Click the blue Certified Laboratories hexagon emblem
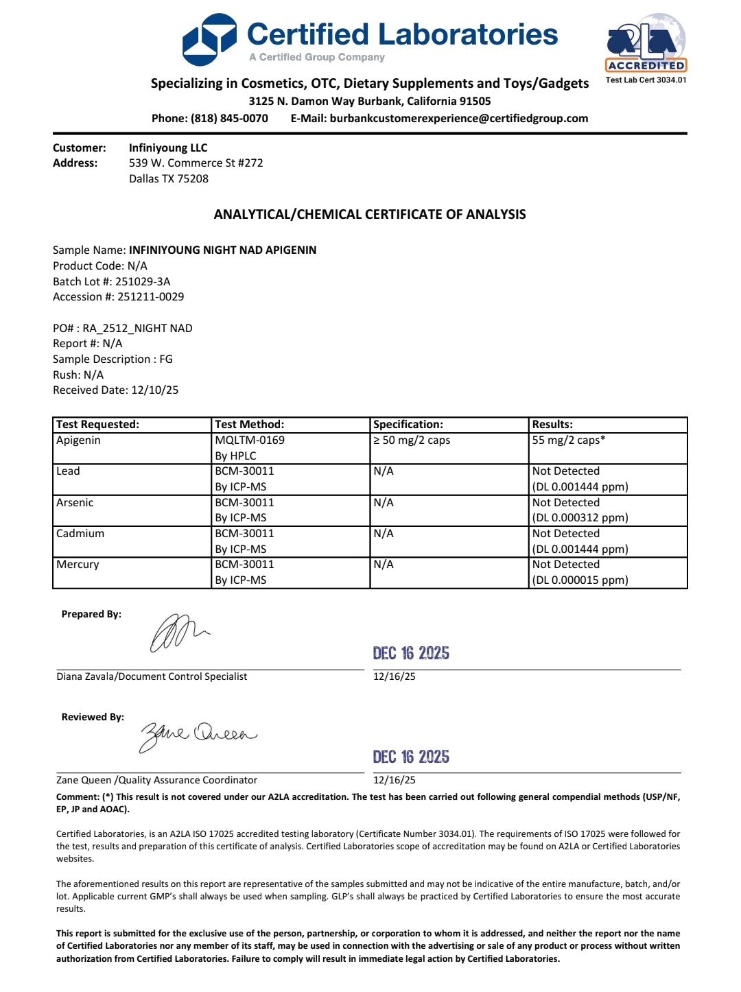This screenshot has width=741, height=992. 209,40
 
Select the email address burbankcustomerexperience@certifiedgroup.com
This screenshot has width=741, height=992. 458,118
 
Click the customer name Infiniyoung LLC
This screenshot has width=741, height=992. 168,147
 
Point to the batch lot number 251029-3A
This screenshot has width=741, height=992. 143,281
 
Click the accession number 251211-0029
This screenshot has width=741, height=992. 150,296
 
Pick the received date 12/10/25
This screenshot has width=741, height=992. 154,390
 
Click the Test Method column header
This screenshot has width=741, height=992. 249,425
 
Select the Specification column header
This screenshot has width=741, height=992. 408,425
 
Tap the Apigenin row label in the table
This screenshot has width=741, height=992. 78,440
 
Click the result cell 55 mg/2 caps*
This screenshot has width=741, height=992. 569,440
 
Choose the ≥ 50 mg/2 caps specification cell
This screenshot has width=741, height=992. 412,440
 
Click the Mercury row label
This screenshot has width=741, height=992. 78,565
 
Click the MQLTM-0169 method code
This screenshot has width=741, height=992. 250,440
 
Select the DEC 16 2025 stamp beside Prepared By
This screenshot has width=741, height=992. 411,653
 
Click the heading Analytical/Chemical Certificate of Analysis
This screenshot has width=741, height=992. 370,214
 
